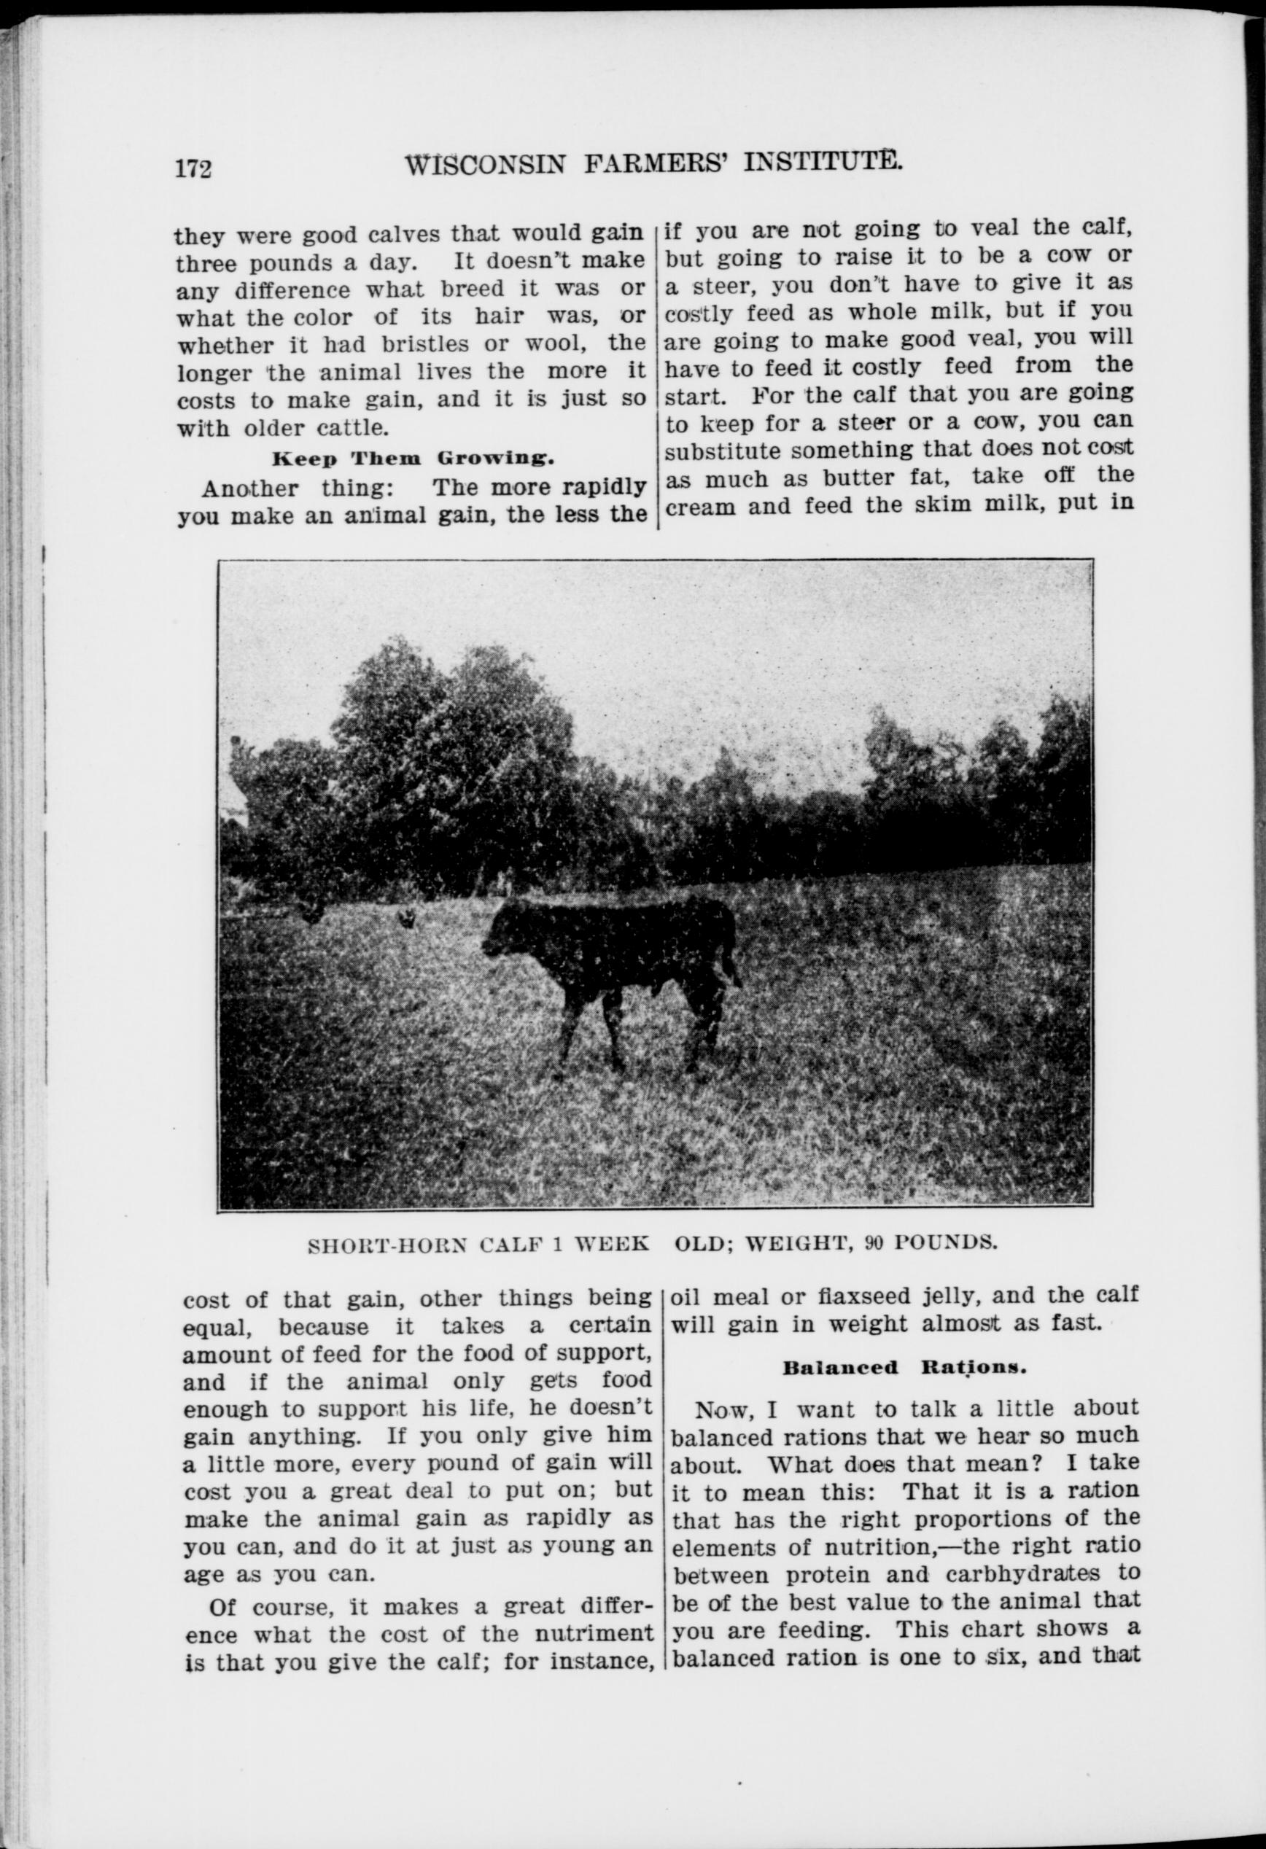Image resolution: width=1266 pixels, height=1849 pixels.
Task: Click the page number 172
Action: click(x=193, y=168)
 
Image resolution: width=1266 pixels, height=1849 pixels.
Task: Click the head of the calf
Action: click(x=503, y=932)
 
